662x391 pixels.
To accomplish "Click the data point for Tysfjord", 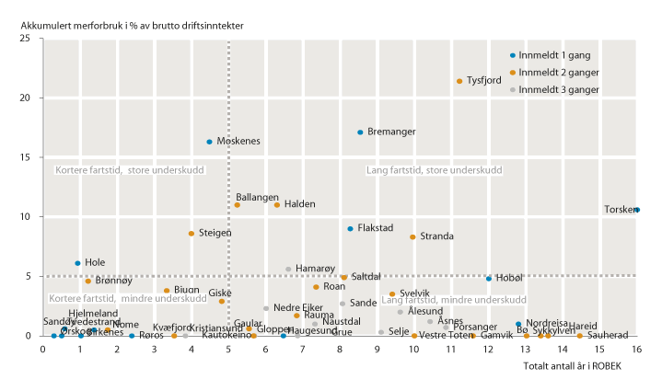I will (459, 81).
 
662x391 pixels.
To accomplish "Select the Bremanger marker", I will (360, 132).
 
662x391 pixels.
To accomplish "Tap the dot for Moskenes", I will (210, 142).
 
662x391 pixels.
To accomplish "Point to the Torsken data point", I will (637, 210).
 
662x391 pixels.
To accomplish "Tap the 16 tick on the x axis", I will (636, 349).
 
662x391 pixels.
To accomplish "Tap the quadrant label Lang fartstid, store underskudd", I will (434, 170).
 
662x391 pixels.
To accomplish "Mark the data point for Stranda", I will (412, 237).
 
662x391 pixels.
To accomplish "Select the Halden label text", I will (300, 204).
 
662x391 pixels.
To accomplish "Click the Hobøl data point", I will (489, 278).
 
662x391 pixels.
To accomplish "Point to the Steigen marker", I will (192, 234).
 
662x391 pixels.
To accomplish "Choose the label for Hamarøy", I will (314, 268).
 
